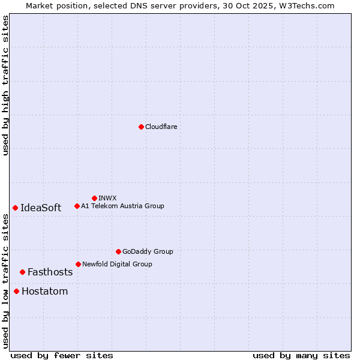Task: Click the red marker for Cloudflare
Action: pyautogui.click(x=141, y=127)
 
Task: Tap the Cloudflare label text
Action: pyautogui.click(x=161, y=127)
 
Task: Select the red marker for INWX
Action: pyautogui.click(x=94, y=198)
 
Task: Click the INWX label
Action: pyautogui.click(x=107, y=198)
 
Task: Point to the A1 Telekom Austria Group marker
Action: pyautogui.click(x=77, y=206)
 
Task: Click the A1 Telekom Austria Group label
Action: pyautogui.click(x=122, y=206)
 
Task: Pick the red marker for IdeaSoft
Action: pyautogui.click(x=15, y=208)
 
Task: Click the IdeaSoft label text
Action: pyautogui.click(x=41, y=208)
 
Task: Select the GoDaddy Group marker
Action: pyautogui.click(x=118, y=251)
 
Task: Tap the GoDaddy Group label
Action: pyautogui.click(x=148, y=251)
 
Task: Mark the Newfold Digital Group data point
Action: pyautogui.click(x=78, y=264)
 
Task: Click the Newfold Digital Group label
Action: pyautogui.click(x=117, y=264)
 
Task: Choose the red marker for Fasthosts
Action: pyautogui.click(x=22, y=272)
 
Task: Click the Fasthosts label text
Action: pyautogui.click(x=50, y=272)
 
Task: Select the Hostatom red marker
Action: pyautogui.click(x=16, y=292)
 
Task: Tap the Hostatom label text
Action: pyautogui.click(x=45, y=292)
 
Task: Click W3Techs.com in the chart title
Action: pyautogui.click(x=309, y=5)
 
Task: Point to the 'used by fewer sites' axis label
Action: pyautogui.click(x=62, y=355)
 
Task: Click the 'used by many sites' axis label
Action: pyautogui.click(x=301, y=355)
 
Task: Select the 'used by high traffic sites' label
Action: pyautogui.click(x=6, y=85)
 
